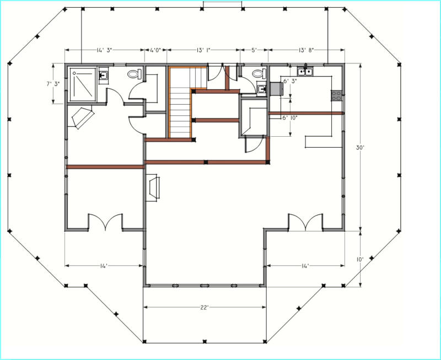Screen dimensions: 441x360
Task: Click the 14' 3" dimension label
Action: point(104,50)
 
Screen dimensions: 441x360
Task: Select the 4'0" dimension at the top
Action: point(155,50)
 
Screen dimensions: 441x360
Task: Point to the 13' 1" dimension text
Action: point(203,50)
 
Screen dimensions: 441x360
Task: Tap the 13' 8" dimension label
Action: point(306,50)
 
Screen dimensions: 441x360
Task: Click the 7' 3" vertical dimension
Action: point(53,84)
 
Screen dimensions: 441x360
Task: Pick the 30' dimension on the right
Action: point(361,147)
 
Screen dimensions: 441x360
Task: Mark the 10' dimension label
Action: point(361,260)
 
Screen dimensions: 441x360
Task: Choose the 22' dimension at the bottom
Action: point(204,308)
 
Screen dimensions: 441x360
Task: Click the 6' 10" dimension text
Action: point(290,118)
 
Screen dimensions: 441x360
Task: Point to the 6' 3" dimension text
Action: point(291,81)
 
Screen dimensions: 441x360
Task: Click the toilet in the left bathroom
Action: point(135,74)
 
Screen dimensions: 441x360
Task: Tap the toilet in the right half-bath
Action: point(259,74)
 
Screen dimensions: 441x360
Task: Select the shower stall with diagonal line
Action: point(83,84)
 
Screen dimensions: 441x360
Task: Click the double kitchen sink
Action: point(305,72)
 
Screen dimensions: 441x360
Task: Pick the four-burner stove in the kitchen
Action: point(336,95)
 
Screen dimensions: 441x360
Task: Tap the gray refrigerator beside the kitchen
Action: point(277,89)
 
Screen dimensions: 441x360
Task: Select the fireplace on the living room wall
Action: point(153,187)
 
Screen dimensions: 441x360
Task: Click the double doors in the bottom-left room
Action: point(105,222)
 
